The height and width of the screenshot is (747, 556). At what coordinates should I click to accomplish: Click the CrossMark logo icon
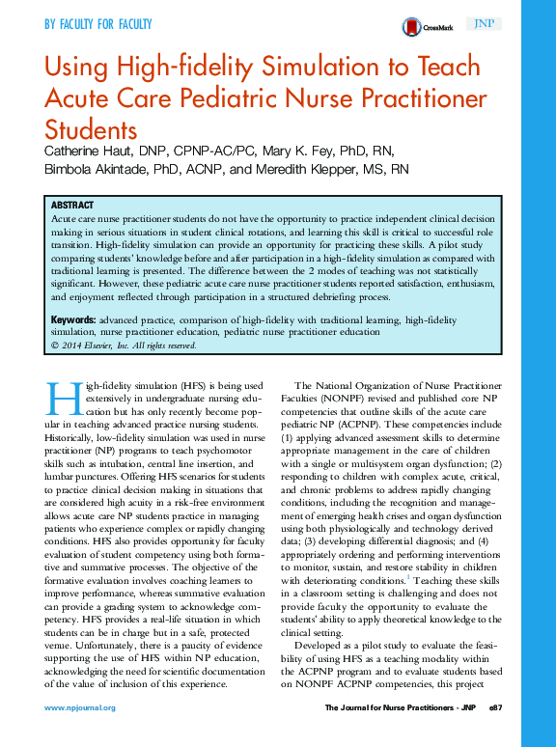(410, 27)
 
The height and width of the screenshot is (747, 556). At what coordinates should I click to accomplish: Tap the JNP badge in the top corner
(482, 24)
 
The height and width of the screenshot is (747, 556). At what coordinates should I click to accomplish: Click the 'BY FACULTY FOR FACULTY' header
(97, 23)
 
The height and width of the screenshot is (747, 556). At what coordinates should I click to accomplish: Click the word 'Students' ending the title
(91, 128)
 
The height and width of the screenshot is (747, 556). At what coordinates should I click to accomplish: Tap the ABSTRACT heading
(71, 206)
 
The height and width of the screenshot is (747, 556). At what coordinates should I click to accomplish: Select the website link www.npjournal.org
(80, 707)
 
